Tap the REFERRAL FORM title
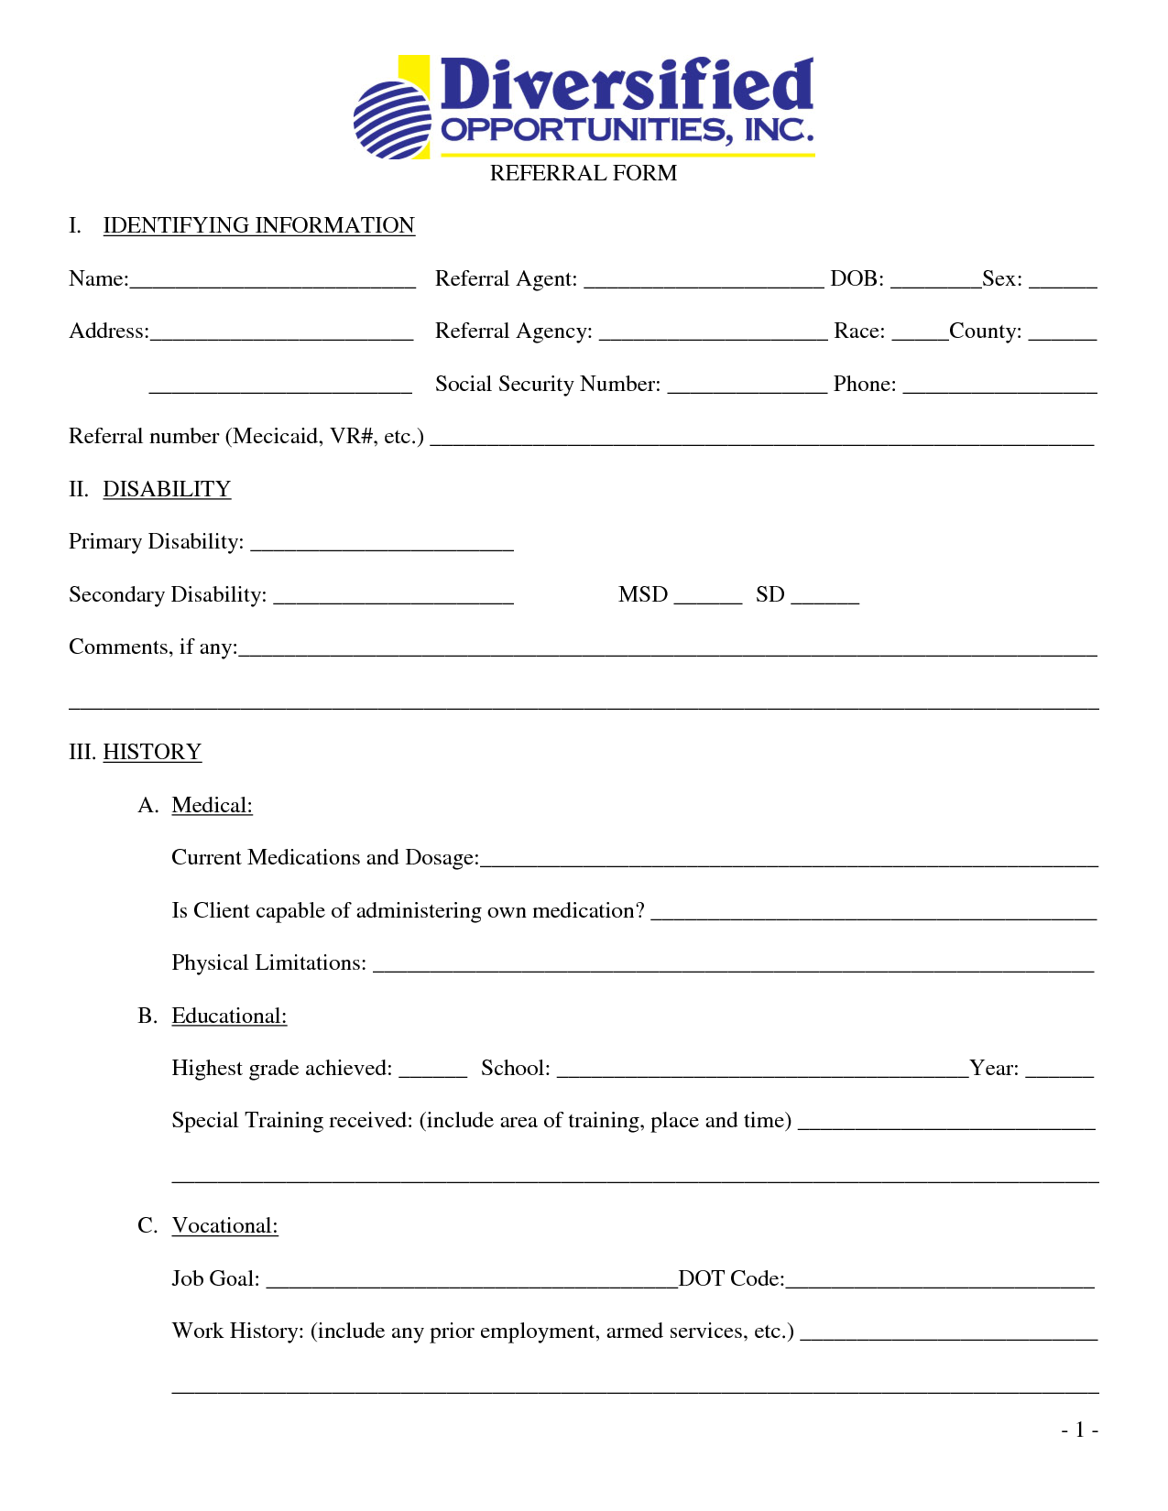[x=584, y=173]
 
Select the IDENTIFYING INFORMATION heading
[x=258, y=225]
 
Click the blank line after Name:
[x=272, y=282]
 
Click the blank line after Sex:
[x=1063, y=282]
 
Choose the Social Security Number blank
[x=747, y=387]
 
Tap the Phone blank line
[x=999, y=387]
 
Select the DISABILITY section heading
[x=167, y=489]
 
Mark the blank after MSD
[x=707, y=598]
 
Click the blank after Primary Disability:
[x=382, y=546]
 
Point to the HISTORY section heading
[x=152, y=752]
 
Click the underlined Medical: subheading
[x=212, y=805]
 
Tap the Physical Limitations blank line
[x=733, y=966]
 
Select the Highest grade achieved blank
[x=432, y=1071]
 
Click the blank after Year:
[x=1059, y=1071]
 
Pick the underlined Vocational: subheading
[x=224, y=1225]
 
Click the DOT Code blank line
[x=940, y=1282]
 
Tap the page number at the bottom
[x=1079, y=1430]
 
